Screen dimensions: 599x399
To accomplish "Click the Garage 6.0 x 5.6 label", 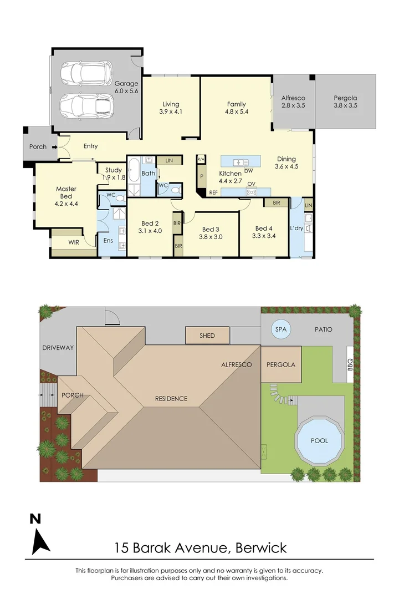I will (x=126, y=87).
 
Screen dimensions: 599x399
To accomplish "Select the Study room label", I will (x=113, y=174).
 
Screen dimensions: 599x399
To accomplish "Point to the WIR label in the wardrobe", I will (x=73, y=242).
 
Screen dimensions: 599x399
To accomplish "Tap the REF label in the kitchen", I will (x=213, y=192).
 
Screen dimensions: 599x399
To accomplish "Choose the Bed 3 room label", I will (x=211, y=232).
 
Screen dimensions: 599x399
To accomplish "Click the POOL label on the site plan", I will (x=319, y=441).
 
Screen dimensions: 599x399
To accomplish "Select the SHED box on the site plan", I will (x=207, y=336).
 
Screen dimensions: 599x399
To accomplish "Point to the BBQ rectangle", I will (x=350, y=364).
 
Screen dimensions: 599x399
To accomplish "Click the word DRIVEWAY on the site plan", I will (x=58, y=348).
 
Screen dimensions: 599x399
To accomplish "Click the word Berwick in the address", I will (x=261, y=549).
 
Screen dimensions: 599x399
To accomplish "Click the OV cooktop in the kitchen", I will (x=251, y=191).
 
